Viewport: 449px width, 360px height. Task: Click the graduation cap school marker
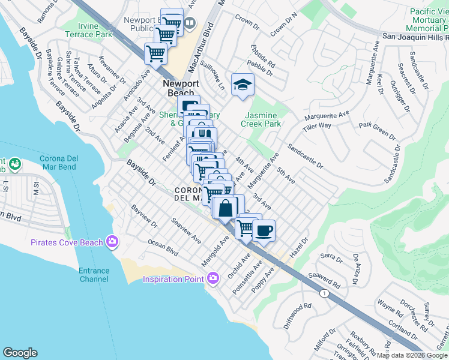coord(243,84)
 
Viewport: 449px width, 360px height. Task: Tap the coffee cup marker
coord(263,230)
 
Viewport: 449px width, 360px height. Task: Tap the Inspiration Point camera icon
coord(212,278)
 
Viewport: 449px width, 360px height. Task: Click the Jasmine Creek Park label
coord(261,119)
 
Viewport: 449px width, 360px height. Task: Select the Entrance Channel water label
coord(94,275)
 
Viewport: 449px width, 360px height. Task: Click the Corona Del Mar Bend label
coord(64,163)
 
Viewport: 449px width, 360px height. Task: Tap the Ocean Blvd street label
coord(164,248)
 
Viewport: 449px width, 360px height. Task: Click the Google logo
coord(20,353)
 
